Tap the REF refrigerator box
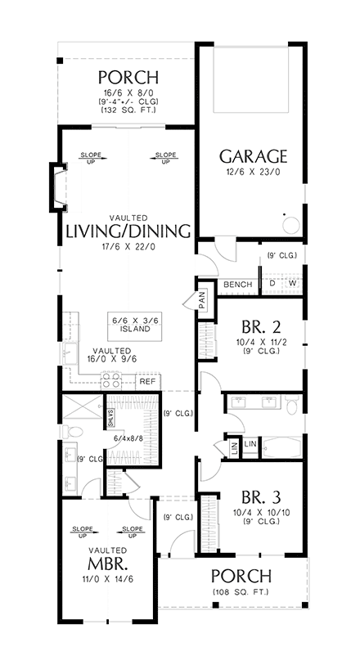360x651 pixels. point(147,381)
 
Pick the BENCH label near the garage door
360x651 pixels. point(237,284)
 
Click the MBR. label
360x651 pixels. point(108,566)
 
